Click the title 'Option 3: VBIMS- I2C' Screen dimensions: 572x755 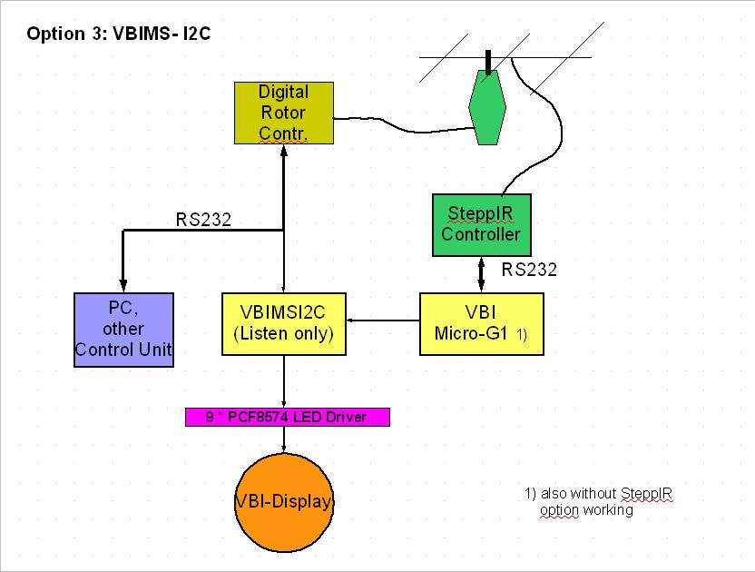(120, 35)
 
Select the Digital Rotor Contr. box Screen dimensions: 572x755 (283, 113)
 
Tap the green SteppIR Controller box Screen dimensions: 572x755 (481, 224)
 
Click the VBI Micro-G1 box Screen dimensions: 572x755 (481, 323)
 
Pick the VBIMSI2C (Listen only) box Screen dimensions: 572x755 (285, 323)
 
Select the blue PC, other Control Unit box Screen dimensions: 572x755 (123, 329)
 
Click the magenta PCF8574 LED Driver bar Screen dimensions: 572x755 (287, 418)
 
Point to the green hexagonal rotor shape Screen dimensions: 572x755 (489, 107)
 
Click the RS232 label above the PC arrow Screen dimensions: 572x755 (203, 219)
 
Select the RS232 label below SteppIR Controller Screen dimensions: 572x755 (529, 270)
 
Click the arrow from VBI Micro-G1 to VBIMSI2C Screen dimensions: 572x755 (386, 320)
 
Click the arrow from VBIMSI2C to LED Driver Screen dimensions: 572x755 (285, 381)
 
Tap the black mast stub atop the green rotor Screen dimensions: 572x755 (489, 61)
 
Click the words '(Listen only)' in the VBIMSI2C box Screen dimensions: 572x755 (284, 334)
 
